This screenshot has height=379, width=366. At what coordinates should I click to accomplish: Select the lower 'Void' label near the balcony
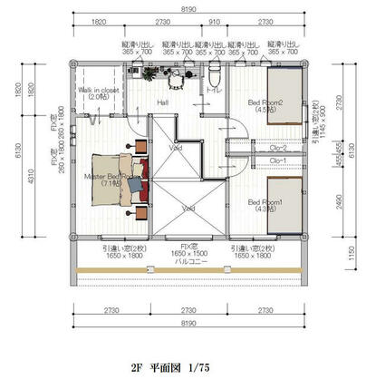[x=187, y=208]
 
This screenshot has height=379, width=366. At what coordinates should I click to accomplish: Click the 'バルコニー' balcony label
[x=187, y=259]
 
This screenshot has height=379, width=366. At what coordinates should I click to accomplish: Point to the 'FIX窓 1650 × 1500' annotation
[x=186, y=248]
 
